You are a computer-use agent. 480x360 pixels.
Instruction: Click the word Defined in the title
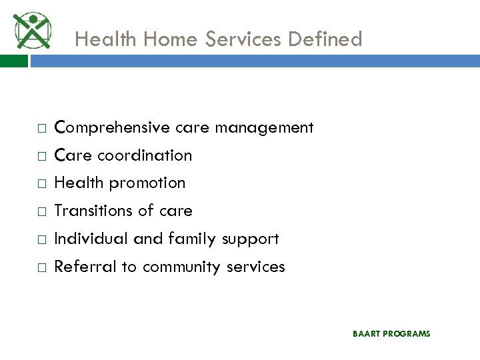pos(325,39)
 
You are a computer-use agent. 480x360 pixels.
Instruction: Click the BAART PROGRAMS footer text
pos(391,333)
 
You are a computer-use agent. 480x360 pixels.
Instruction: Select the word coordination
pos(145,155)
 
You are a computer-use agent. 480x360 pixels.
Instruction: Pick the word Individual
pos(91,239)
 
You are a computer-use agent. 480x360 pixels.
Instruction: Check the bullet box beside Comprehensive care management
pos(41,128)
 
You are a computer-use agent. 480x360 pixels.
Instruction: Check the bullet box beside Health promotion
pos(41,183)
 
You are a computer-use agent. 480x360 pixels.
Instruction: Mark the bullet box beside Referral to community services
pos(41,267)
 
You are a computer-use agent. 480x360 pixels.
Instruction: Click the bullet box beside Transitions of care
pos(41,211)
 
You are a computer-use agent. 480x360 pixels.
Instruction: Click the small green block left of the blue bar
pos(13,61)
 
